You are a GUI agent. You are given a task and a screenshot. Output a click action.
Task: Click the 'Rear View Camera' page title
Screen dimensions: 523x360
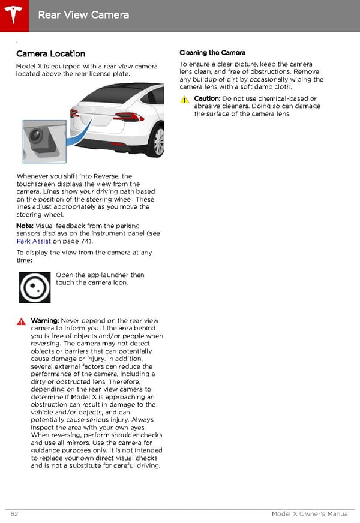click(83, 14)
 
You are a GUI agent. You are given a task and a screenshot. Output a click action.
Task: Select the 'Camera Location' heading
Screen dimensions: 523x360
click(51, 53)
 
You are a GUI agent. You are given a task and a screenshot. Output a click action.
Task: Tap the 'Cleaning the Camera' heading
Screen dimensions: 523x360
click(212, 53)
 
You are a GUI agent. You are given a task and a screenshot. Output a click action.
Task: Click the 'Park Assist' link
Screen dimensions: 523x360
click(34, 241)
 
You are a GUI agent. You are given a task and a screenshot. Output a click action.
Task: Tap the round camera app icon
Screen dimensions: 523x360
click(35, 287)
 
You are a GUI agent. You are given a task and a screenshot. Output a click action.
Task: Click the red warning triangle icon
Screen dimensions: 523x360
click(21, 321)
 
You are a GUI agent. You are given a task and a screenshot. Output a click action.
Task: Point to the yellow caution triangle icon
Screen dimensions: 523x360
click(185, 100)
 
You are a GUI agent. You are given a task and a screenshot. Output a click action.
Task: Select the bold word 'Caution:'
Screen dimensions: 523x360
click(207, 98)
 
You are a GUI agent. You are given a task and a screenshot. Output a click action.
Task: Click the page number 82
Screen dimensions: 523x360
click(15, 515)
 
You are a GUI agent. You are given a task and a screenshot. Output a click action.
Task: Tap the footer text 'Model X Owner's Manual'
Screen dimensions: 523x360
click(310, 515)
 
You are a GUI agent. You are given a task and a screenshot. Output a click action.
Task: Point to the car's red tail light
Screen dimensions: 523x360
click(128, 116)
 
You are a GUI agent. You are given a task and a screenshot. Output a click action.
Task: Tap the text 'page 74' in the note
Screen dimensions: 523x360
click(77, 241)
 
